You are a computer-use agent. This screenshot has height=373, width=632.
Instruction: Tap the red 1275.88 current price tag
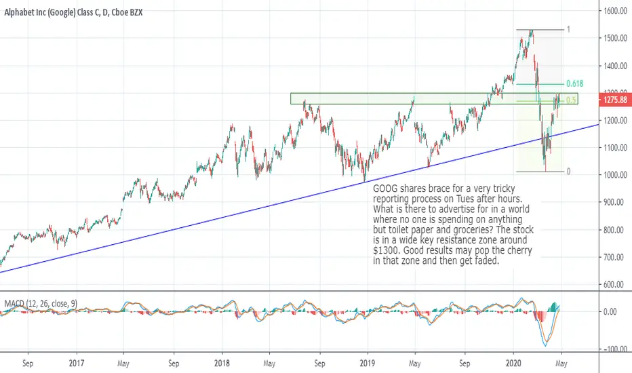pyautogui.click(x=616, y=100)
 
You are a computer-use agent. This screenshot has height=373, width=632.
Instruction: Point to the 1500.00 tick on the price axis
pyautogui.click(x=616, y=38)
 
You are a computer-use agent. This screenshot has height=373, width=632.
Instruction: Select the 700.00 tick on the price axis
pyautogui.click(x=616, y=257)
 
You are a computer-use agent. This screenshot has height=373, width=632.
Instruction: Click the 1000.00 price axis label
pyautogui.click(x=616, y=175)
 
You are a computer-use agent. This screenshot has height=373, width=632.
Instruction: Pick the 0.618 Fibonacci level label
pyautogui.click(x=575, y=83)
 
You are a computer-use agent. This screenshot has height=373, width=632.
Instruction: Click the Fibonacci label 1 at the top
pyautogui.click(x=569, y=29)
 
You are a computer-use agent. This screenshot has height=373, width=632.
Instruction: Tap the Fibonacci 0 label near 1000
pyautogui.click(x=568, y=172)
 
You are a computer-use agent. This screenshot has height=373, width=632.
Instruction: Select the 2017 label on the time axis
pyautogui.click(x=76, y=364)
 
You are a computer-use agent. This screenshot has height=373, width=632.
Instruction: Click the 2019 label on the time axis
pyautogui.click(x=367, y=364)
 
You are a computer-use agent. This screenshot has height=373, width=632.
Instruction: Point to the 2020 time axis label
pyautogui.click(x=513, y=364)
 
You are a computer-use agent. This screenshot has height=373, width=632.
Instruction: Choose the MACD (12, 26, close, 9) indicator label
pyautogui.click(x=41, y=303)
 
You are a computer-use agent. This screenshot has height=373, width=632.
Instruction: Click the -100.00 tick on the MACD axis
pyautogui.click(x=614, y=349)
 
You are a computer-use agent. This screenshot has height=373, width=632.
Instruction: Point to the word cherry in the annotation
pyautogui.click(x=518, y=250)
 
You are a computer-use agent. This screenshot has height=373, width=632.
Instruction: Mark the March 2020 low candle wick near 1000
pyautogui.click(x=546, y=166)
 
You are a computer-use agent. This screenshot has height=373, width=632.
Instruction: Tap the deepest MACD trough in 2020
pyautogui.click(x=546, y=345)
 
